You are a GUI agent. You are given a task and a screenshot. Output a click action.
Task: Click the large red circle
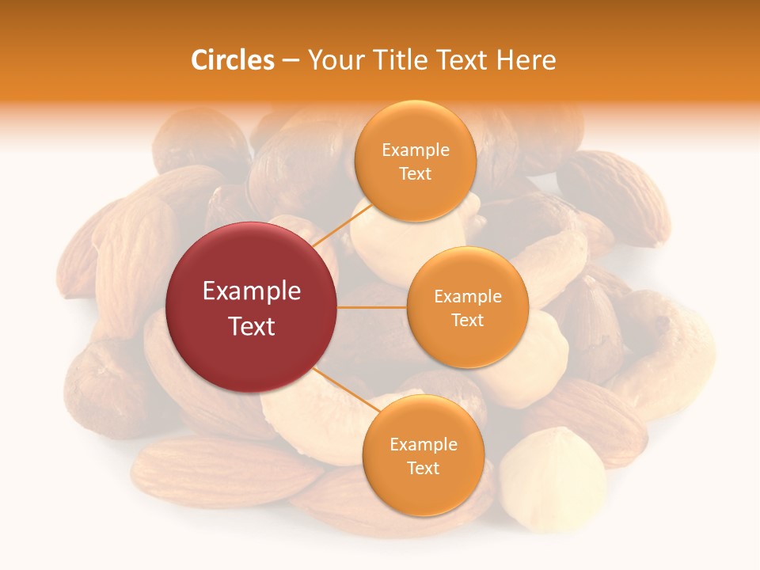tap(252, 307)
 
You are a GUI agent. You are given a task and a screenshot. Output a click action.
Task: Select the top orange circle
tap(415, 161)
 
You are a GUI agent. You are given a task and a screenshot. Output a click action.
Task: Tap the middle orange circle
tap(468, 307)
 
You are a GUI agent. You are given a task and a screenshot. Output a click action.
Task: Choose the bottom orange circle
tap(423, 455)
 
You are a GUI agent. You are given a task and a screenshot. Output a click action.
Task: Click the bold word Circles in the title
tap(232, 60)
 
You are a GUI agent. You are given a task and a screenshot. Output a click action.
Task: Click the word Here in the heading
tap(526, 60)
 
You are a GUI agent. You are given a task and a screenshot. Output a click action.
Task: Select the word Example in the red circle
tap(252, 291)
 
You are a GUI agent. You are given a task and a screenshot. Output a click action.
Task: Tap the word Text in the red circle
tap(252, 325)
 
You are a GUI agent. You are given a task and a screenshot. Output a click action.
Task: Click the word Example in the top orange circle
tap(415, 150)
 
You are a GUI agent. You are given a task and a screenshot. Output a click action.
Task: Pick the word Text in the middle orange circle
tap(468, 320)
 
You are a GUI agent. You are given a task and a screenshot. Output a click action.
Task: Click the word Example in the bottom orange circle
tap(423, 445)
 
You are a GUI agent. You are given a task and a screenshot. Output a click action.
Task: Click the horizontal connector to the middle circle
tap(372, 307)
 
